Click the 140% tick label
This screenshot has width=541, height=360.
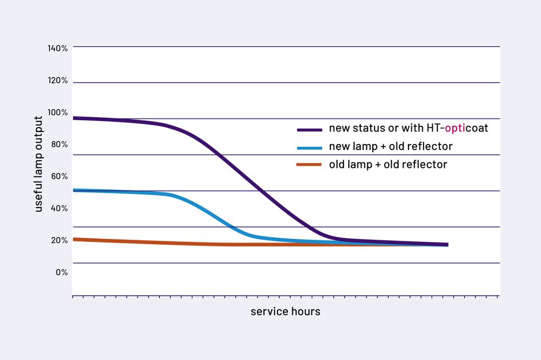click(x=57, y=48)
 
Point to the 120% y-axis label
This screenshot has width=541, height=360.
click(x=57, y=80)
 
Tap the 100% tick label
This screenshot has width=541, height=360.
click(x=57, y=112)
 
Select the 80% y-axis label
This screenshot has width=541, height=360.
click(x=58, y=144)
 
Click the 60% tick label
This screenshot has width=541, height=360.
click(x=58, y=176)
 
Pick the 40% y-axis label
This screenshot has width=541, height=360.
click(x=58, y=208)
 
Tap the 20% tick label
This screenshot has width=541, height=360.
click(x=58, y=240)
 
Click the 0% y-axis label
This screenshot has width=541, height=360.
click(x=61, y=272)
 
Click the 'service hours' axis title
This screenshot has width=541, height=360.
click(x=285, y=311)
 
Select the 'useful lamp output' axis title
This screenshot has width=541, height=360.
click(x=38, y=164)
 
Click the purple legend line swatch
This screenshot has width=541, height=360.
click(x=310, y=129)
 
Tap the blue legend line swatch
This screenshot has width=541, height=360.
click(x=310, y=147)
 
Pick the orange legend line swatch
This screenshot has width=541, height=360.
click(x=310, y=165)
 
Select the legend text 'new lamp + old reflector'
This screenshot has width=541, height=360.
click(x=391, y=147)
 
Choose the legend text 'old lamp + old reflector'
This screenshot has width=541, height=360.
click(x=388, y=165)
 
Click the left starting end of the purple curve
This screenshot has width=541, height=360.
click(x=74, y=117)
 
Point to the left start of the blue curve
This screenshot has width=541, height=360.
click(x=74, y=190)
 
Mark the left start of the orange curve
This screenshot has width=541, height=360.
click(x=74, y=239)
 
